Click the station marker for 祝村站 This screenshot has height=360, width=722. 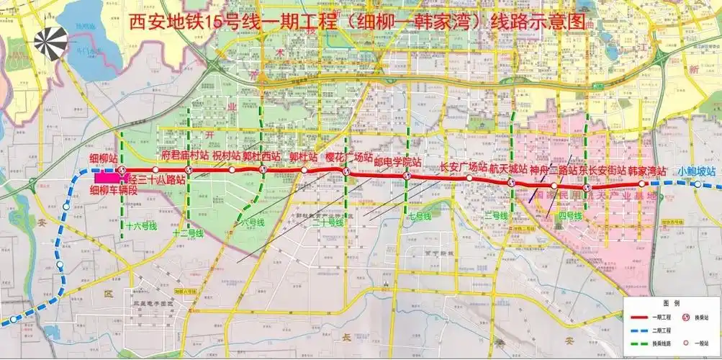coord(232,170)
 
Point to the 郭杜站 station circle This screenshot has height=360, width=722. coord(304,171)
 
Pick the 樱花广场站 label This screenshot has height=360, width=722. coord(348,157)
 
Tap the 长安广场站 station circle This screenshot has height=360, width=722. coord(469,178)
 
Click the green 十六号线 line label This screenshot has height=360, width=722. coord(140,225)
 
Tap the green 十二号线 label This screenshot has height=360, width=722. coord(189,233)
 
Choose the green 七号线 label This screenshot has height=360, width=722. coord(419,215)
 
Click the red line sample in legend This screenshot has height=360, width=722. coord(639,317)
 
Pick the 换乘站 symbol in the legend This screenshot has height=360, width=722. coord(687,317)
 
